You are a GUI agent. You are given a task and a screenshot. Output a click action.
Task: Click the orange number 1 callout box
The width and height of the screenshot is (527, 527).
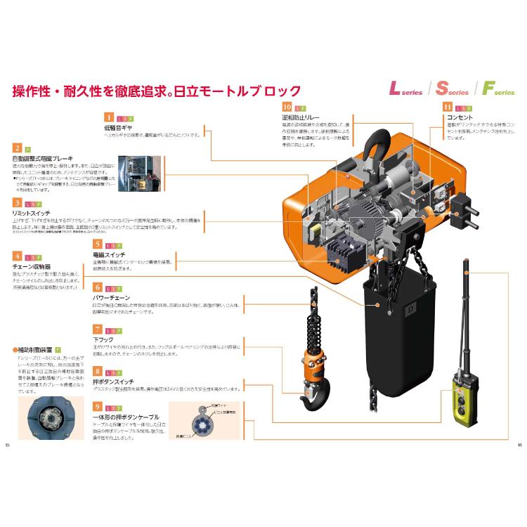point(109,117)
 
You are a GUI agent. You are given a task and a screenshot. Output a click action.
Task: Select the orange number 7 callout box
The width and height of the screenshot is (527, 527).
point(98,329)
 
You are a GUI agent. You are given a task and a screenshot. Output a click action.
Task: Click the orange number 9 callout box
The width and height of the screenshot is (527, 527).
point(98,405)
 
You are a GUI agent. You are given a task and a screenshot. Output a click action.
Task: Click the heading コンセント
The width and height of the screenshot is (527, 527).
point(460,117)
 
